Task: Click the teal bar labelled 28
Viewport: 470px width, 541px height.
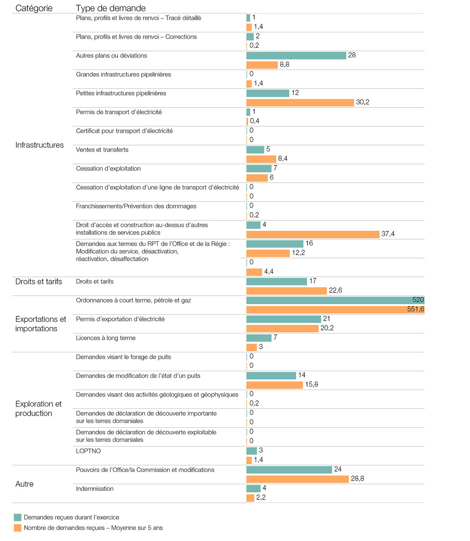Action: point(296,56)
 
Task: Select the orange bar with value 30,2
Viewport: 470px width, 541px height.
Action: point(300,103)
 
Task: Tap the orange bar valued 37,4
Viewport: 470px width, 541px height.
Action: point(313,234)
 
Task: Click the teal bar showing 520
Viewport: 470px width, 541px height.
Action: point(335,300)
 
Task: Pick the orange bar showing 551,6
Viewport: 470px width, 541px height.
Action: point(335,310)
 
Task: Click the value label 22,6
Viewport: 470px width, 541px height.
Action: point(335,290)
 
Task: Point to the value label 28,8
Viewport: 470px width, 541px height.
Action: point(357,479)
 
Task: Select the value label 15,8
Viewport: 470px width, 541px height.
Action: point(311,385)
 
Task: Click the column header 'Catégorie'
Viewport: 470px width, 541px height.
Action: point(34,8)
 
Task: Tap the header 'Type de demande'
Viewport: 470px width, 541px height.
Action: point(110,8)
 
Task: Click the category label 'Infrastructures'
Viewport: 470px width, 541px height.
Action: point(39,145)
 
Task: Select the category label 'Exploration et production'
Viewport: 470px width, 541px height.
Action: point(38,408)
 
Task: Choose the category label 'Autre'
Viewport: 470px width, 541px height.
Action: point(24,484)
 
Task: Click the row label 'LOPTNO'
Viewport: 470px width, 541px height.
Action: point(88,451)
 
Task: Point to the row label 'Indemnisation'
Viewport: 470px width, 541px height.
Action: point(94,489)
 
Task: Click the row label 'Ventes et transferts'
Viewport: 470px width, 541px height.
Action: point(102,150)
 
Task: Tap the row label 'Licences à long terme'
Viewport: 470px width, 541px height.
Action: point(105,338)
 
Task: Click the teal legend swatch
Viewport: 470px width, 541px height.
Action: point(18,517)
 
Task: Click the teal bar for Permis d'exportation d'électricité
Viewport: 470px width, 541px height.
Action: point(284,319)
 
